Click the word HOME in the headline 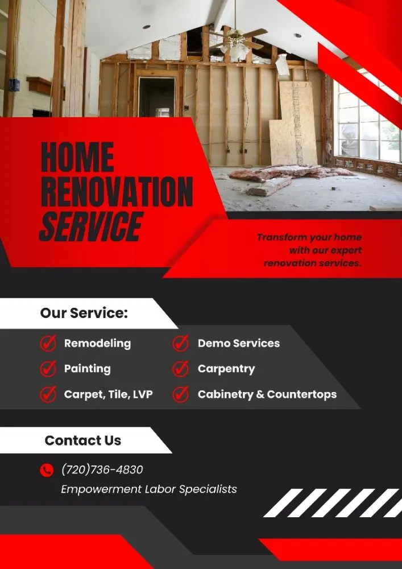click(x=77, y=157)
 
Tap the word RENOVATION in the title click(x=117, y=192)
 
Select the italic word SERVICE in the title click(x=90, y=226)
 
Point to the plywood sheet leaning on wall click(x=294, y=125)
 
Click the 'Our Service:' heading click(x=84, y=313)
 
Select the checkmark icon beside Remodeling click(x=48, y=344)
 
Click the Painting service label click(x=87, y=369)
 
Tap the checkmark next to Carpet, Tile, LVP click(x=48, y=394)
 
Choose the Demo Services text click(x=238, y=344)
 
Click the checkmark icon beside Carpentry click(x=181, y=369)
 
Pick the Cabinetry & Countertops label click(x=267, y=394)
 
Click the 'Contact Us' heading click(x=82, y=440)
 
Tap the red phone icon click(x=47, y=470)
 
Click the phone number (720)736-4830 click(x=102, y=470)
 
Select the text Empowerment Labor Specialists click(x=148, y=489)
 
